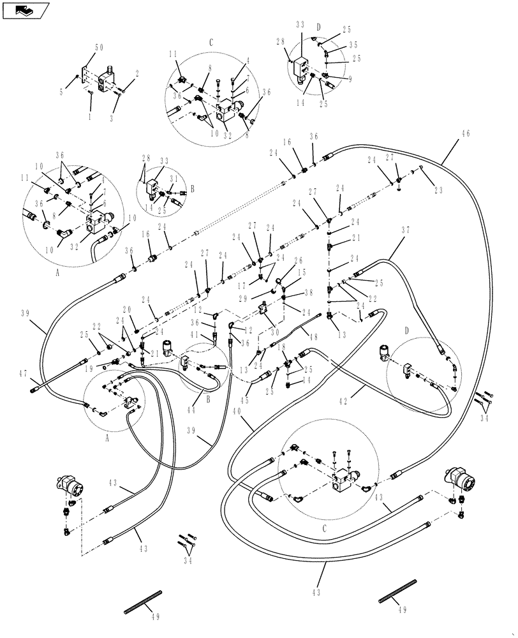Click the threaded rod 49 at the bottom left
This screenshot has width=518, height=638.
point(144,603)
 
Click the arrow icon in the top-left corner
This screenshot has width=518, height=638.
point(26,10)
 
